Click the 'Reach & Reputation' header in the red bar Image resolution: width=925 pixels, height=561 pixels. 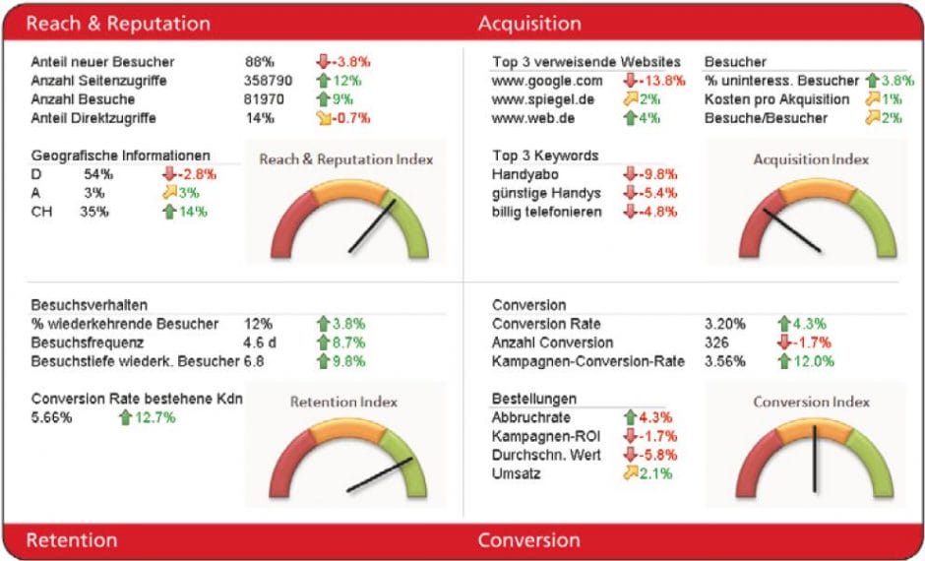118,23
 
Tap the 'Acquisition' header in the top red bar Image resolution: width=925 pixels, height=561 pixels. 529,23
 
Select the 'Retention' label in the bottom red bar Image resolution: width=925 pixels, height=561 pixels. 71,539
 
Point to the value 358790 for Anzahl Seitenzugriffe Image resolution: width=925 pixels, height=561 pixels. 269,80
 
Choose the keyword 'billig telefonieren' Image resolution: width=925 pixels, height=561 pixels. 546,212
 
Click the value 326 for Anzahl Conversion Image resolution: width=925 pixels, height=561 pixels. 717,343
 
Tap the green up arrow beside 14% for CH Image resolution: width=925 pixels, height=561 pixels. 167,212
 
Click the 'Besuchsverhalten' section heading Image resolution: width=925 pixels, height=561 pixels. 90,305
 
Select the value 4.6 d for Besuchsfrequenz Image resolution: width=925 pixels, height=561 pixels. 262,343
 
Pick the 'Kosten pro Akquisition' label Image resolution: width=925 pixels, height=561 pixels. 776,99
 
